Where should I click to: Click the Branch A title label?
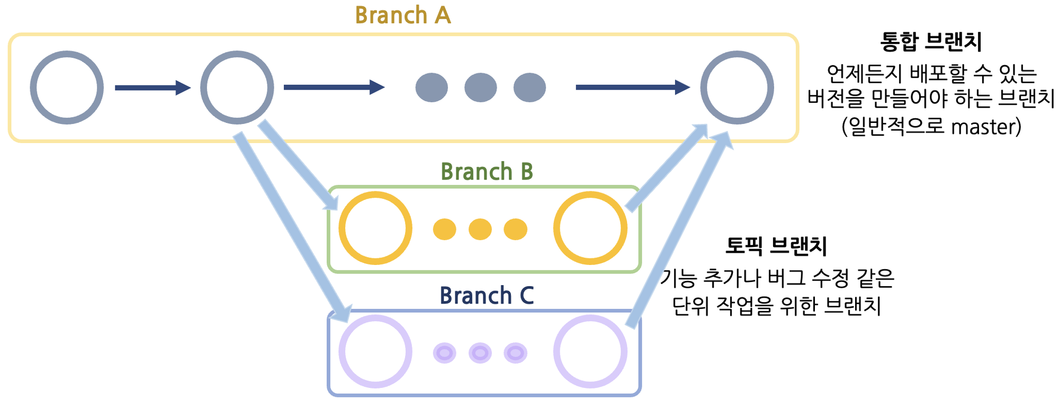(x=402, y=15)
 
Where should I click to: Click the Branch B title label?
(x=486, y=172)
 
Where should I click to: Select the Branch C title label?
(x=486, y=296)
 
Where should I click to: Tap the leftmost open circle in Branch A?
(x=67, y=87)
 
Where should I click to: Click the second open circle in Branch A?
(x=237, y=87)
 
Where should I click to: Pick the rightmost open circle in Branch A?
(x=737, y=87)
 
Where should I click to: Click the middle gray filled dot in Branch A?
(x=480, y=87)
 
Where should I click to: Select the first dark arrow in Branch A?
(x=152, y=87)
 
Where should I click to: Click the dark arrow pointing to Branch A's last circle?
(x=632, y=87)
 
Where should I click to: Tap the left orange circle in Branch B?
(x=375, y=228)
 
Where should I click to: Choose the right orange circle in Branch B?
(x=590, y=228)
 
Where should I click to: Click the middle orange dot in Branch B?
(x=480, y=229)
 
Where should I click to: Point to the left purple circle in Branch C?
(x=375, y=351)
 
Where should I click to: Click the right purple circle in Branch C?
(x=590, y=351)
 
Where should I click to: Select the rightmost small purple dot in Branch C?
(x=515, y=353)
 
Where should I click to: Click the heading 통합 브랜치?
(x=931, y=41)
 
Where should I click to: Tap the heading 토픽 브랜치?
(x=776, y=246)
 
